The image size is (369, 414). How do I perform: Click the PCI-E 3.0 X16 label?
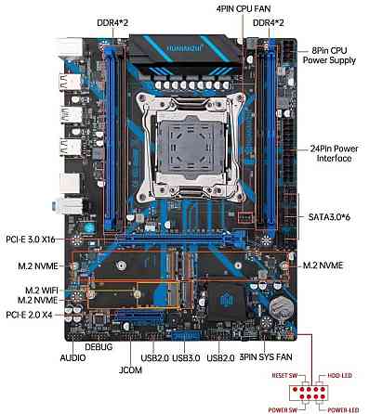point(34,239)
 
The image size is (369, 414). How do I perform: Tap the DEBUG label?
point(98,346)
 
